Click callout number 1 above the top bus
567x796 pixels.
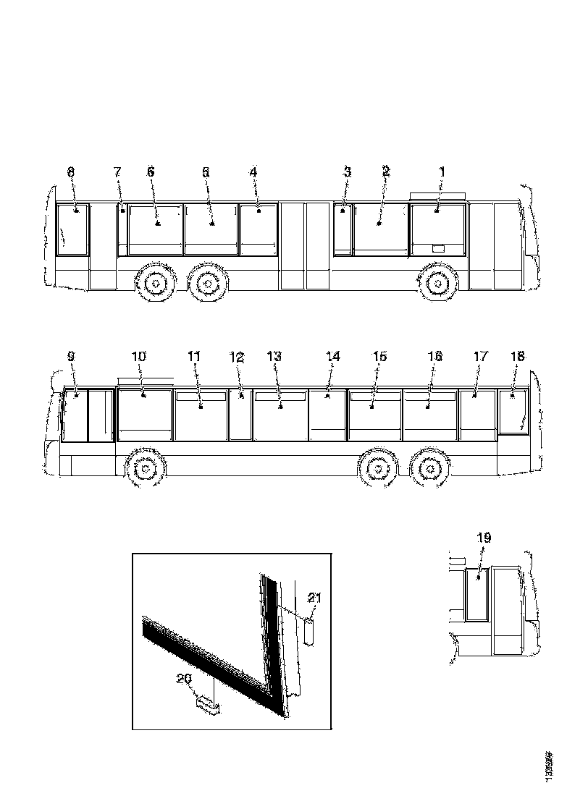[441, 172]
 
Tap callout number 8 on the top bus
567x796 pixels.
[70, 172]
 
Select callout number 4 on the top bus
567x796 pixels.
[253, 172]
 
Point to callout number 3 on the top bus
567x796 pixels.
[347, 172]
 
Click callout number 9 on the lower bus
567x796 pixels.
[70, 356]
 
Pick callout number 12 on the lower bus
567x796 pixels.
[238, 356]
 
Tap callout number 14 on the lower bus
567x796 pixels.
[332, 356]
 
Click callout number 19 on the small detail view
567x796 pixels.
[484, 538]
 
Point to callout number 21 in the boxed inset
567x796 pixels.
[314, 597]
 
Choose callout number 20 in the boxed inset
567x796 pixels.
[185, 678]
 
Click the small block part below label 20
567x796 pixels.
[208, 704]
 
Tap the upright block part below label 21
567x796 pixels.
[310, 630]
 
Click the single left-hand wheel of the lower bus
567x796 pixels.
[145, 470]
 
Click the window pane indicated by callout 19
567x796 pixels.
[476, 595]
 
